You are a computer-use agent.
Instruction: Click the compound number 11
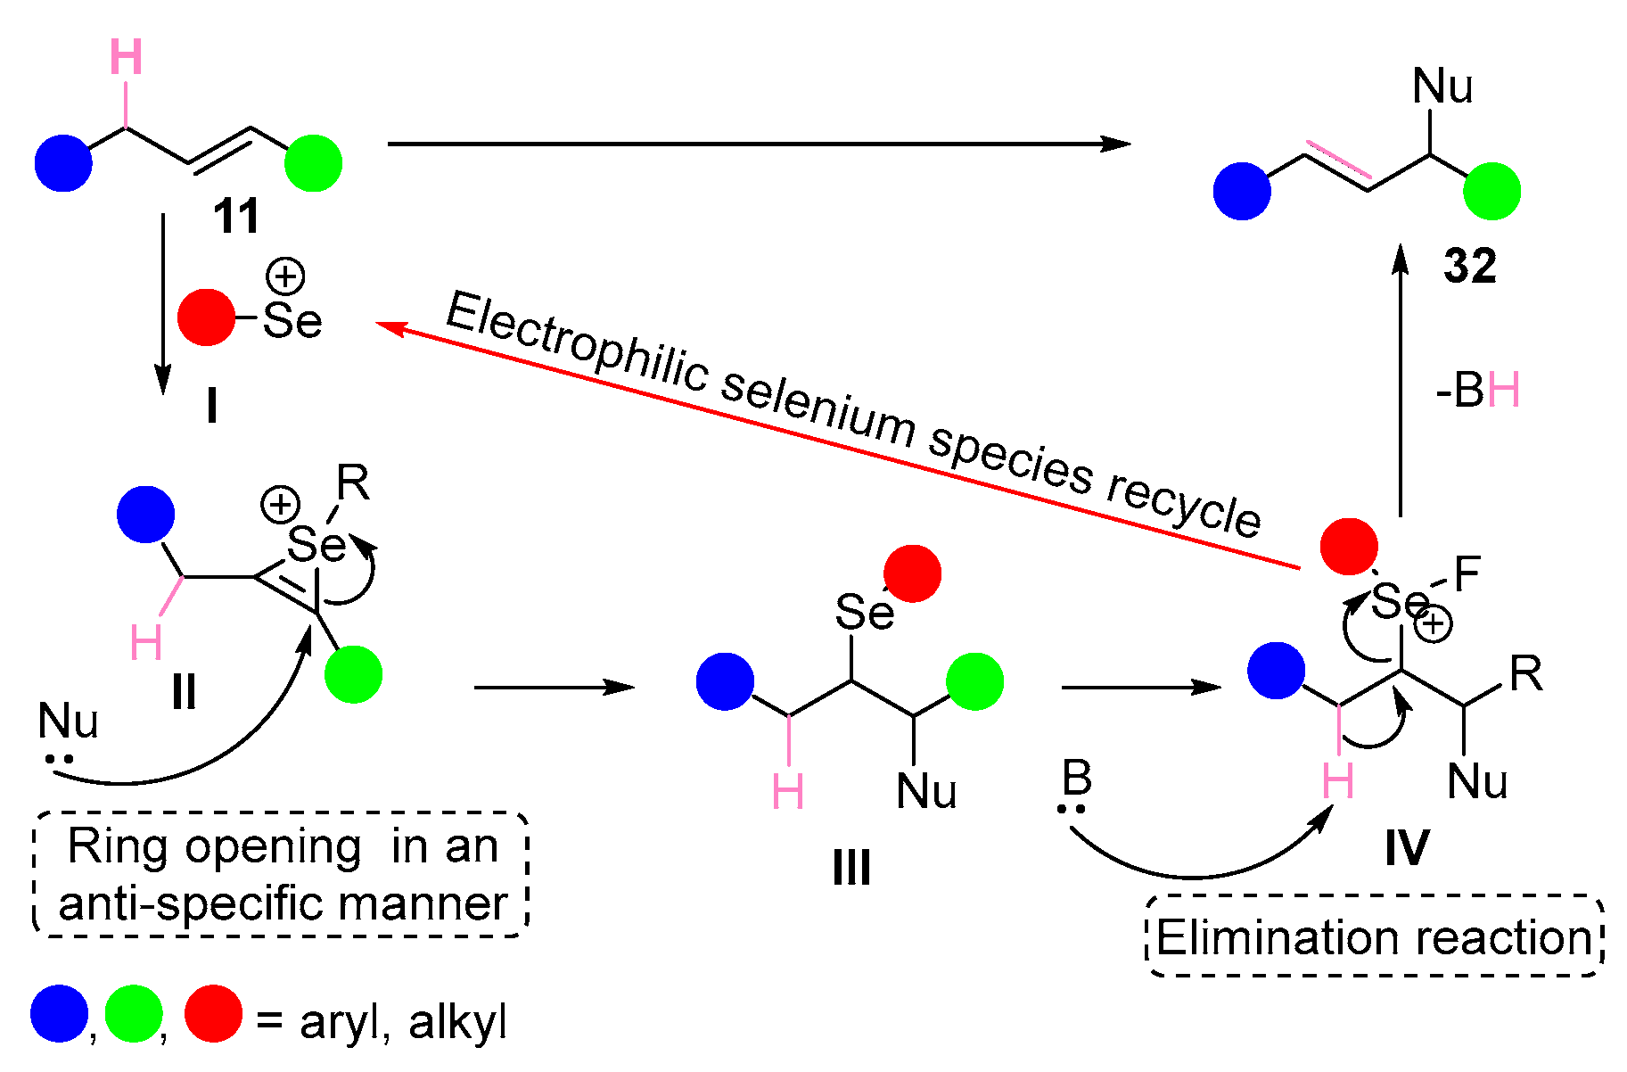coord(236,217)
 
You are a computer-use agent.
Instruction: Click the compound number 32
coord(1470,266)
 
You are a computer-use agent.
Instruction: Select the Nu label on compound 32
coord(1442,87)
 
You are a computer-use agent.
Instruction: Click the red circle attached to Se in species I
coord(206,317)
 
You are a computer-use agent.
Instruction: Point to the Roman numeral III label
coord(851,867)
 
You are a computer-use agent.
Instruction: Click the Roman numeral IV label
coord(1407,847)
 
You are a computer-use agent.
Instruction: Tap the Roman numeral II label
coord(184,692)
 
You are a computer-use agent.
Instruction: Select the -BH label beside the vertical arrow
coord(1477,391)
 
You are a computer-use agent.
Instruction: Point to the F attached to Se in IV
coord(1467,574)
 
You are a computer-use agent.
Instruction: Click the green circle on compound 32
coord(1491,191)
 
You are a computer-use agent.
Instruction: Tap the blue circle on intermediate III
coord(725,681)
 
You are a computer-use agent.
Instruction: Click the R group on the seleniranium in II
coord(352,484)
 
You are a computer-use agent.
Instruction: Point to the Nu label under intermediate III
coord(926,791)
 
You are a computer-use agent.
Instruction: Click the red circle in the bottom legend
coord(213,1014)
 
